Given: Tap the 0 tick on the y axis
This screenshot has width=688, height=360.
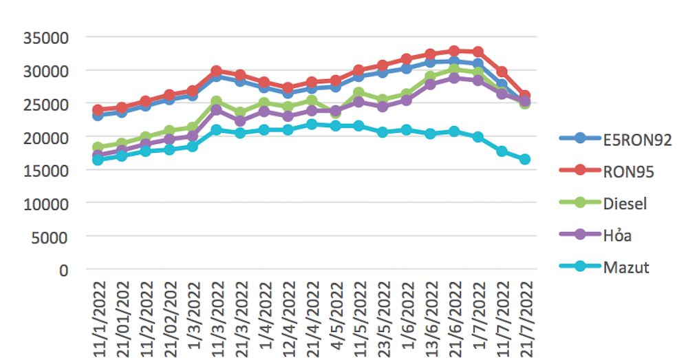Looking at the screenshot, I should click(x=65, y=270).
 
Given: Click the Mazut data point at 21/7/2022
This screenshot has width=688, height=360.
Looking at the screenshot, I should click(x=525, y=159).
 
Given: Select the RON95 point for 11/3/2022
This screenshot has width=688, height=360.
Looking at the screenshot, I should click(x=217, y=71).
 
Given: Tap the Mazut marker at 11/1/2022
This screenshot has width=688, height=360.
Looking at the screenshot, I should click(x=98, y=160).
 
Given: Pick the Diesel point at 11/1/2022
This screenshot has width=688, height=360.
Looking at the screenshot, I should click(x=98, y=147).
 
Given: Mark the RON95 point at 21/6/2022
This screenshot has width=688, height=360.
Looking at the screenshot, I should click(x=454, y=51).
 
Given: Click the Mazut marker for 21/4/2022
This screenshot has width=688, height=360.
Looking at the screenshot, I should click(x=312, y=125).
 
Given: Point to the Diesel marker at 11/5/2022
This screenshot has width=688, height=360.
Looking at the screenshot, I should click(x=359, y=93).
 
